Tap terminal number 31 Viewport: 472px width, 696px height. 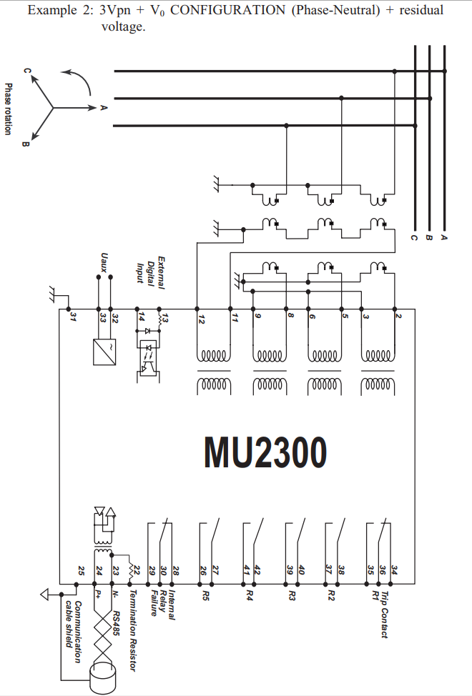click(x=73, y=317)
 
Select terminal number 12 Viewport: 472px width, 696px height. click(x=201, y=318)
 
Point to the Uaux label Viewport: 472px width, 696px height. click(x=104, y=263)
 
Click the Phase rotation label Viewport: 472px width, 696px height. click(x=8, y=109)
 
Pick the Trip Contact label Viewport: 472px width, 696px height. click(x=385, y=615)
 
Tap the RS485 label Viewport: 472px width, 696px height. click(x=115, y=623)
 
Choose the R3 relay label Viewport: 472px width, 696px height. click(x=292, y=596)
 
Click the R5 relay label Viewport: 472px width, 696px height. click(x=205, y=596)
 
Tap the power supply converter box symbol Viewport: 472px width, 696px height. click(x=104, y=352)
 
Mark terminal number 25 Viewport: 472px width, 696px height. click(x=81, y=571)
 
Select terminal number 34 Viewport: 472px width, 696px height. click(x=394, y=570)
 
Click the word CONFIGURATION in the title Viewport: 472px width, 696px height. click(x=228, y=10)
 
